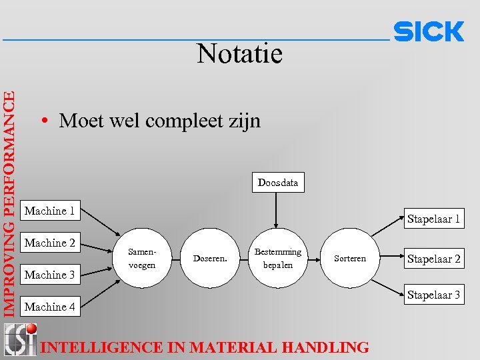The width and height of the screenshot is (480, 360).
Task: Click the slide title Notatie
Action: (239, 54)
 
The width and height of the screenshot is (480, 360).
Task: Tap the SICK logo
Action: (429, 32)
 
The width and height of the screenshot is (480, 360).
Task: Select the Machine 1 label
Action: (50, 211)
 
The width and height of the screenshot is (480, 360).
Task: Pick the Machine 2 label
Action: (50, 243)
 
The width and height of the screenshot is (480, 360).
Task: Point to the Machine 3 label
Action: (50, 275)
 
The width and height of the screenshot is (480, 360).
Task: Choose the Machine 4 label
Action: (50, 307)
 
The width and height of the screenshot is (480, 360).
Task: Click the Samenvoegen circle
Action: (142, 258)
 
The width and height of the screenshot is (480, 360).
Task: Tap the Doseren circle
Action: (209, 258)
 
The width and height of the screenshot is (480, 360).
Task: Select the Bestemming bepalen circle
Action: (278, 258)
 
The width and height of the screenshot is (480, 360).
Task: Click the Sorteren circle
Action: (349, 258)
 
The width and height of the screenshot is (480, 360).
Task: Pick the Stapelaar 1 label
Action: (434, 219)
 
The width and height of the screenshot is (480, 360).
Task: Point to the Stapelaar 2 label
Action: (434, 259)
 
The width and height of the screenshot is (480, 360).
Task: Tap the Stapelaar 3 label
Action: (434, 295)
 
